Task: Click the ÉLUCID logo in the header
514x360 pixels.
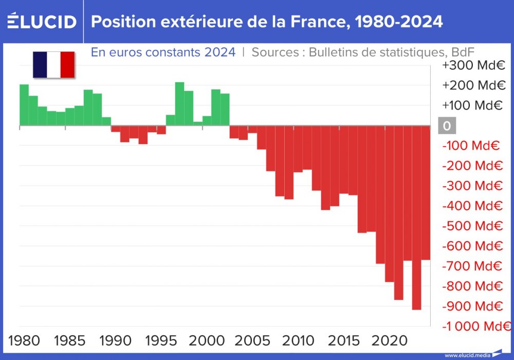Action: pyautogui.click(x=42, y=22)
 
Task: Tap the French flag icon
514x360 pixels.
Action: pyautogui.click(x=54, y=65)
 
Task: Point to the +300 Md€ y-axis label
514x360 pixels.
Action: pyautogui.click(x=473, y=65)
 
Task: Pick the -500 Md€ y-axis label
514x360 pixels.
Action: pyautogui.click(x=472, y=226)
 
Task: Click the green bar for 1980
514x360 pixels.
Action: pyautogui.click(x=24, y=105)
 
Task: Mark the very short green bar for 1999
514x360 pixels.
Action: pyautogui.click(x=198, y=123)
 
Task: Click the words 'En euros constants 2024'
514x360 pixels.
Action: pyautogui.click(x=163, y=52)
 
